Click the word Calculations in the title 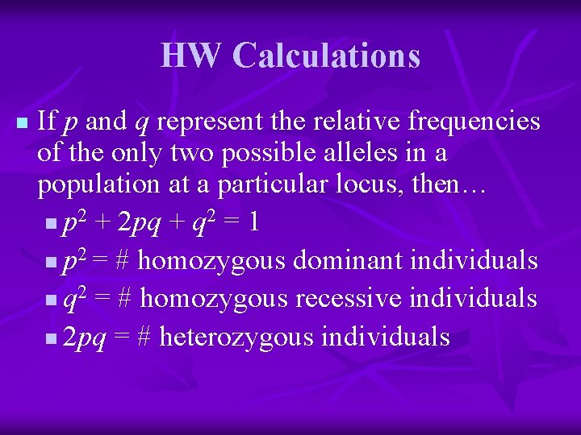point(326,56)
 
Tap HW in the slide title point(191,56)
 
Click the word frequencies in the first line point(474,122)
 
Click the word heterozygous point(237,337)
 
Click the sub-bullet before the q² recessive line point(52,300)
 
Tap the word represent point(206,122)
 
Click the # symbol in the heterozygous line point(144,337)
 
